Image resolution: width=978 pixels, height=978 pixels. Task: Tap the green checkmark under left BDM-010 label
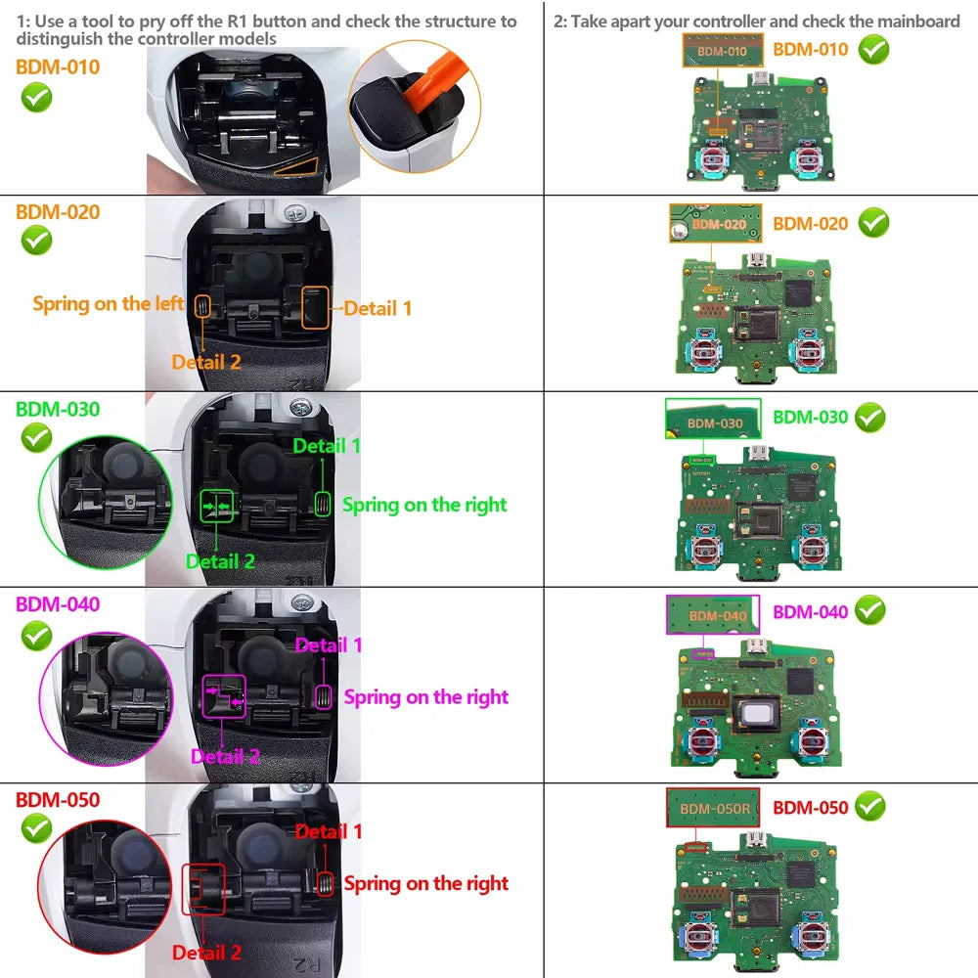point(36,98)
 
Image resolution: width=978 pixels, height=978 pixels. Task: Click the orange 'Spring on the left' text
point(108,303)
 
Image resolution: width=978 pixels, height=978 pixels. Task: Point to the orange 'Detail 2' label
point(206,362)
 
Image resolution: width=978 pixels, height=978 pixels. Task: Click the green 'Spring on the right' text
point(424,505)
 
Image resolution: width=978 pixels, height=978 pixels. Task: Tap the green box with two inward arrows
point(217,506)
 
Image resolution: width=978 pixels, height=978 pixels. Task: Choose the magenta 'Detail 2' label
point(225,756)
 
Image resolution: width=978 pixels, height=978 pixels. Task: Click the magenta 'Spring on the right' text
point(426,697)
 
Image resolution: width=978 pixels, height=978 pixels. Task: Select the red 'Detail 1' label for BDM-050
point(329,831)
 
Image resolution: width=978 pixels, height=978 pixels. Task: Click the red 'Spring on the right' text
point(426,883)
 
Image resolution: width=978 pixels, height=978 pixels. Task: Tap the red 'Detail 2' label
point(206,952)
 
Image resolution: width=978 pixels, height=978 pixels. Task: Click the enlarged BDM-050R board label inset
point(714,809)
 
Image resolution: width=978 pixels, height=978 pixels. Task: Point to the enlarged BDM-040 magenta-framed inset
point(713,615)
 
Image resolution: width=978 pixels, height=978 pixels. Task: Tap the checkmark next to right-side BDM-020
point(873,223)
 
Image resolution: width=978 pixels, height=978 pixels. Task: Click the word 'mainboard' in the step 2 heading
point(914,22)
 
